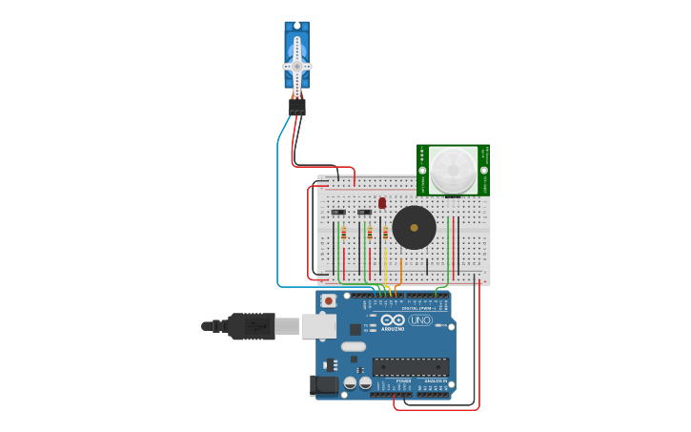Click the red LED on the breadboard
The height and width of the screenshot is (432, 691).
click(382, 202)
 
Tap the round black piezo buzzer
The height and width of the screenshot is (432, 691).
click(414, 228)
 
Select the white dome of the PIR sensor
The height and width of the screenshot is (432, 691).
click(453, 170)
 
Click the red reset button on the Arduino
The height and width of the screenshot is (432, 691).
click(329, 300)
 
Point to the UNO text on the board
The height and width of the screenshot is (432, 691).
click(420, 320)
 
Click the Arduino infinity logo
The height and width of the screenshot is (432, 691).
click(394, 319)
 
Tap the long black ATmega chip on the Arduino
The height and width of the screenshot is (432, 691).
click(411, 366)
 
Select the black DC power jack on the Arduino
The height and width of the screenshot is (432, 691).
click(325, 385)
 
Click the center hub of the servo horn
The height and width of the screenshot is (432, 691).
click(297, 66)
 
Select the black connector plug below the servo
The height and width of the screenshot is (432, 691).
click(297, 107)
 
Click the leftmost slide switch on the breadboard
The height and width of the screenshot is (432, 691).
click(338, 212)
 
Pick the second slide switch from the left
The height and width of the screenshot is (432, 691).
click(364, 212)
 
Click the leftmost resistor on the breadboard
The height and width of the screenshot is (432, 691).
click(343, 233)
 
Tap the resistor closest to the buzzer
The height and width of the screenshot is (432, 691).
click(385, 233)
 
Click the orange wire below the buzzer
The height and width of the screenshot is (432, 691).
click(401, 271)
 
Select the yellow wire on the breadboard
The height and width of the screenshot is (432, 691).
click(385, 262)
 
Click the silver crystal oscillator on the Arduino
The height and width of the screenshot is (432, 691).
click(353, 346)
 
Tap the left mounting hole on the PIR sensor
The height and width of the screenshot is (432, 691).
click(422, 170)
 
